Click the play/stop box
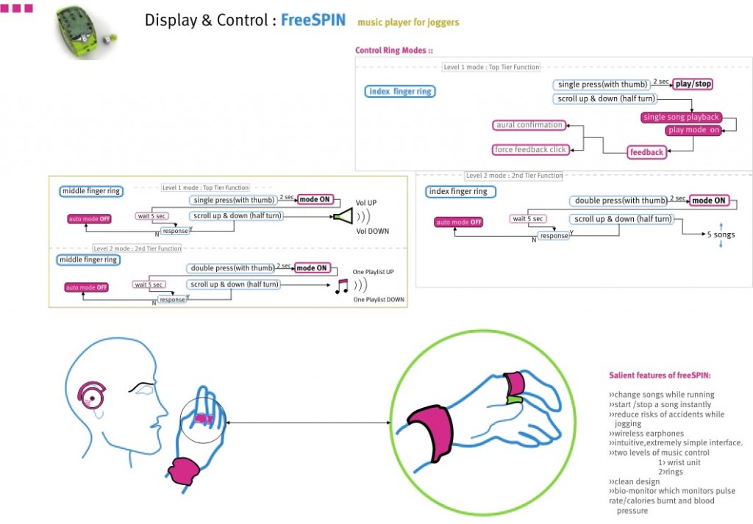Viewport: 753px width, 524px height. point(693,85)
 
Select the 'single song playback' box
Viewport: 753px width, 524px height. point(681,118)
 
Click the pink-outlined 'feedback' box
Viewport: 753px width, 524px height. point(646,152)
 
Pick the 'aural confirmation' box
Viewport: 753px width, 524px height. point(529,125)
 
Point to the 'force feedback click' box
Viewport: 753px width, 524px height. point(530,150)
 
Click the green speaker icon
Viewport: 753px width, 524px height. point(343,216)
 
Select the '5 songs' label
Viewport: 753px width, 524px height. point(721,235)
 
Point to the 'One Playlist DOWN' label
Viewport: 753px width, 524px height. point(379,300)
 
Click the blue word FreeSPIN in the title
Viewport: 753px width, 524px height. point(313,20)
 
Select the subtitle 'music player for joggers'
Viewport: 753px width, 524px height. point(408,22)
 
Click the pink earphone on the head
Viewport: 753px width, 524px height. point(94,395)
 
